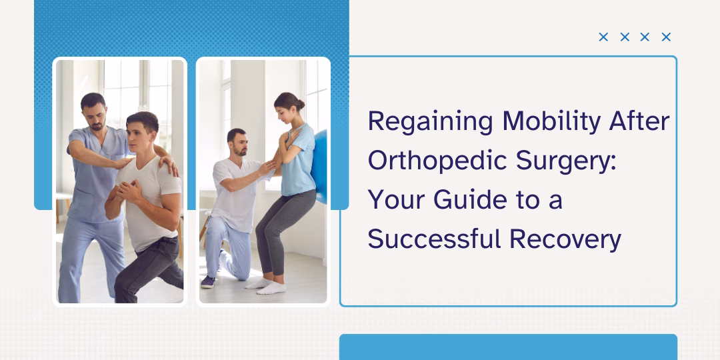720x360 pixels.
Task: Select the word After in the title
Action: click(x=641, y=122)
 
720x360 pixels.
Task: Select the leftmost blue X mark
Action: click(x=603, y=37)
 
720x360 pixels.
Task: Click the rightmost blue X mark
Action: click(x=666, y=37)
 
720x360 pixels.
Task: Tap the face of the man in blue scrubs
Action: click(x=93, y=111)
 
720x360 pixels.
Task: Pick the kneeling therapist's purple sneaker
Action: click(x=208, y=282)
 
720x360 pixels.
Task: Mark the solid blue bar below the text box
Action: click(x=508, y=347)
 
